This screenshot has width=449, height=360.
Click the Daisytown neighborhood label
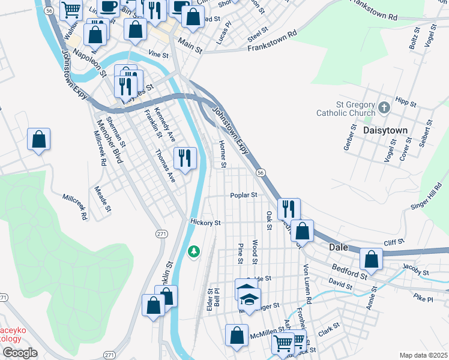(x=385, y=130)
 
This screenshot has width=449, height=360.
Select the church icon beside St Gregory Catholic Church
(x=385, y=109)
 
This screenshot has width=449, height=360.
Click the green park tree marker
(x=193, y=251)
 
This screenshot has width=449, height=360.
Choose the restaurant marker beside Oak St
(x=289, y=209)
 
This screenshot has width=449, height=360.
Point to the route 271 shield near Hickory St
(x=160, y=233)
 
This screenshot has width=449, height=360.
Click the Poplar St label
(x=244, y=195)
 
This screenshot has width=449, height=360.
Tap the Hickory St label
(x=206, y=222)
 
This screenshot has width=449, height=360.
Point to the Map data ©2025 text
(x=423, y=355)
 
